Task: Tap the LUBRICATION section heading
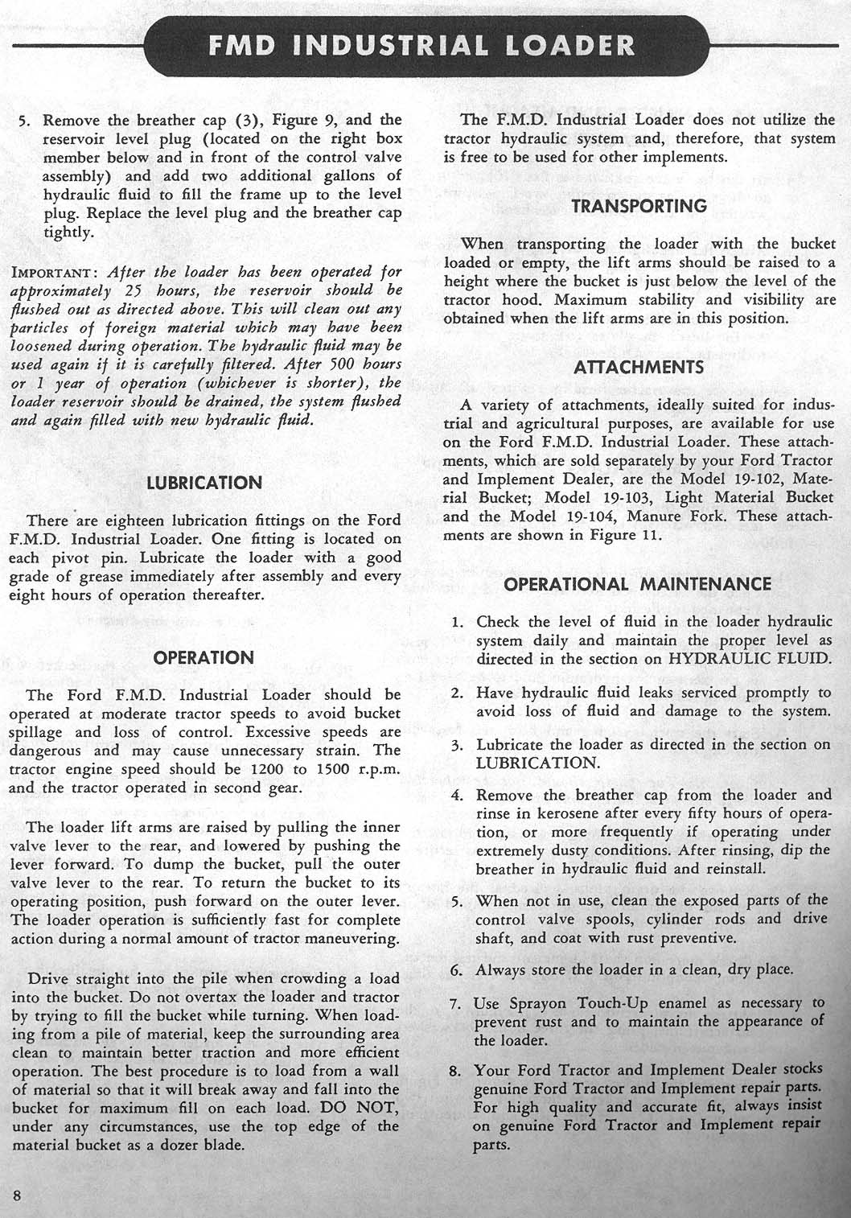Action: coord(203,483)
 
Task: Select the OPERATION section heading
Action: coord(203,657)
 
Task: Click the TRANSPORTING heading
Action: coord(639,206)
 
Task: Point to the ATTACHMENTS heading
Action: coord(639,368)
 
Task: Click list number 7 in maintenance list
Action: coord(455,1004)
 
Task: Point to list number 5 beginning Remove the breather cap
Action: coord(24,121)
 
